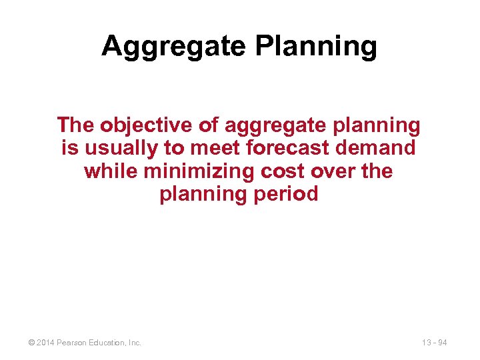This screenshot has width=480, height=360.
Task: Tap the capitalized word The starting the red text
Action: pyautogui.click(x=76, y=125)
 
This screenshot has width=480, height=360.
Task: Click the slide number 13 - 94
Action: pyautogui.click(x=434, y=343)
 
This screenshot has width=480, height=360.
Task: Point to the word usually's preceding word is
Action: pyautogui.click(x=69, y=148)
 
